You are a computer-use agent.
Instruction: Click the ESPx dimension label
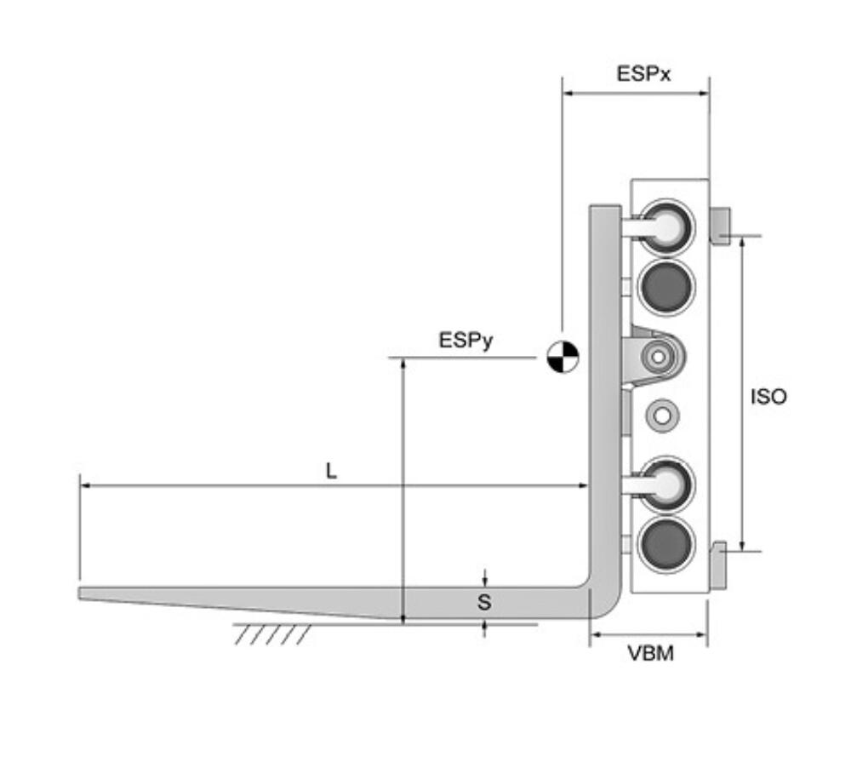pyautogui.click(x=643, y=73)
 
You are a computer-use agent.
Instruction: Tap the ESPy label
pyautogui.click(x=465, y=341)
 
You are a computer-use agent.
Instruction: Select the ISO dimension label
pyautogui.click(x=768, y=397)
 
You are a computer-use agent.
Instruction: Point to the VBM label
pyautogui.click(x=651, y=653)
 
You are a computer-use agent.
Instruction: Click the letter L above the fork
pyautogui.click(x=331, y=470)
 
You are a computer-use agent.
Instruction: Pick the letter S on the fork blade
pyautogui.click(x=484, y=602)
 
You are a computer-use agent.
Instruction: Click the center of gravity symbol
pyautogui.click(x=563, y=358)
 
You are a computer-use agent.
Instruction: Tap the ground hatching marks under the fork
pyautogui.click(x=272, y=634)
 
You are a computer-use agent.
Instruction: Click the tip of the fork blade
pyautogui.click(x=80, y=593)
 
